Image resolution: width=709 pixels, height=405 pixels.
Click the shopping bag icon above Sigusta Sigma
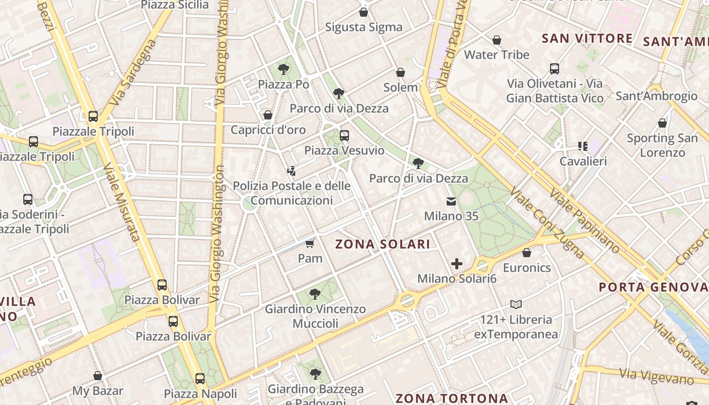point(363,12)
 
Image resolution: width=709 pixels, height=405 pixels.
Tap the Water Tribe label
point(496,55)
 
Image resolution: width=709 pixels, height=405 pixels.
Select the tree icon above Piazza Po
point(284,69)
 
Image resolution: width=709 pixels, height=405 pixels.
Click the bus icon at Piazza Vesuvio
point(344,135)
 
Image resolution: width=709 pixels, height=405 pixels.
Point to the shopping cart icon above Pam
point(309,244)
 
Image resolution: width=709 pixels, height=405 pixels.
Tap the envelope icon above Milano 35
point(451,201)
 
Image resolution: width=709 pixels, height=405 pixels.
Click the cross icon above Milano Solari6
point(457,264)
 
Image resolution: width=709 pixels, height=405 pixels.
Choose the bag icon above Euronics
point(527,253)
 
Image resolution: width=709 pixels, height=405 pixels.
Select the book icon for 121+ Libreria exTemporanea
point(516,305)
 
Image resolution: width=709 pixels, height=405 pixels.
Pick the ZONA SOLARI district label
point(383,245)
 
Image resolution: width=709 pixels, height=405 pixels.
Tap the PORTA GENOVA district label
point(653,288)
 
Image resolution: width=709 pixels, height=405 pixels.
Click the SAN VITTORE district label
point(587,38)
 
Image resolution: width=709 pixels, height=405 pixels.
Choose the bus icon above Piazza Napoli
point(200,379)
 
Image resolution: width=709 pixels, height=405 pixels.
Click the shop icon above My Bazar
point(98,376)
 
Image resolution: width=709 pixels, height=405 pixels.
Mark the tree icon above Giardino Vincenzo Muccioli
point(315,294)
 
